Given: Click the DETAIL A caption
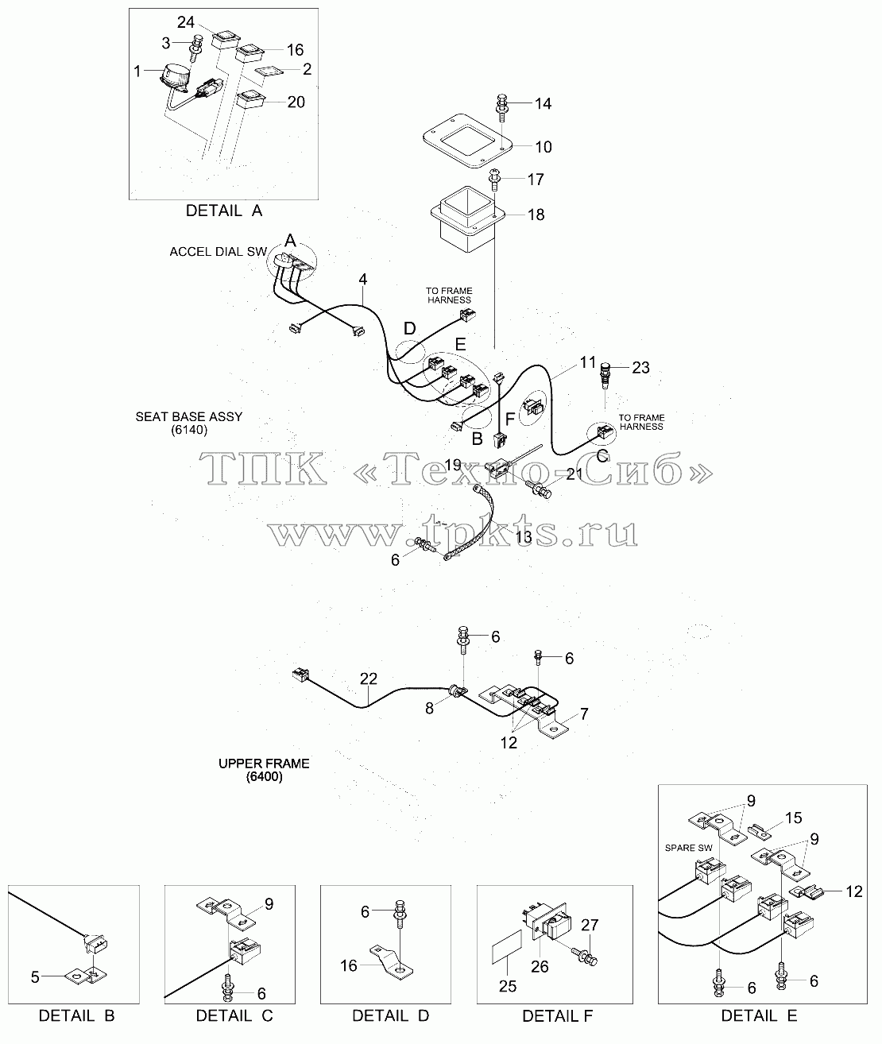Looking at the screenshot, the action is pos(223,211).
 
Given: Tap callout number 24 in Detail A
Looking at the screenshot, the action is pos(186,22).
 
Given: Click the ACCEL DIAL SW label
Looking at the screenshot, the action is pos(218,252).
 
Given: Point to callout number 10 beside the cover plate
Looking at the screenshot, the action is pos(544,147).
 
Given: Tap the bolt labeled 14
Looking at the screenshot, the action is pos(501,109).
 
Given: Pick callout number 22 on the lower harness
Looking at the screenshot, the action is pos(369,679).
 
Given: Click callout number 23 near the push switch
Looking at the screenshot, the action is pos(641,368).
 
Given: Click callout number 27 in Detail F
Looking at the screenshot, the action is pos(590,925).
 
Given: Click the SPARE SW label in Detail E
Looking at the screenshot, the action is pos(688,848).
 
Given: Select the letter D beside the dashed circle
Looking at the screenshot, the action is pos(409,328).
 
